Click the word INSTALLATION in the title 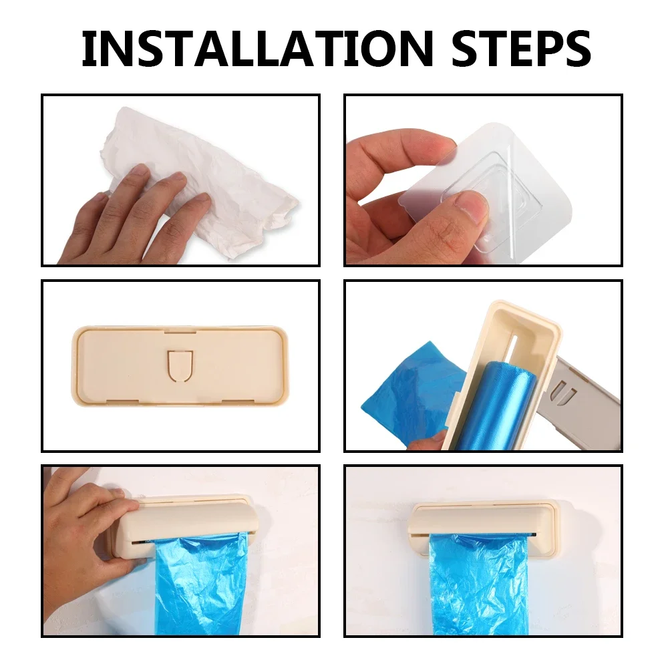(x=257, y=49)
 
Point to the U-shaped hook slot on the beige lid (x=180, y=365)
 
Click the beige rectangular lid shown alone (x=180, y=366)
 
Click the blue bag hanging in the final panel (x=479, y=586)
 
